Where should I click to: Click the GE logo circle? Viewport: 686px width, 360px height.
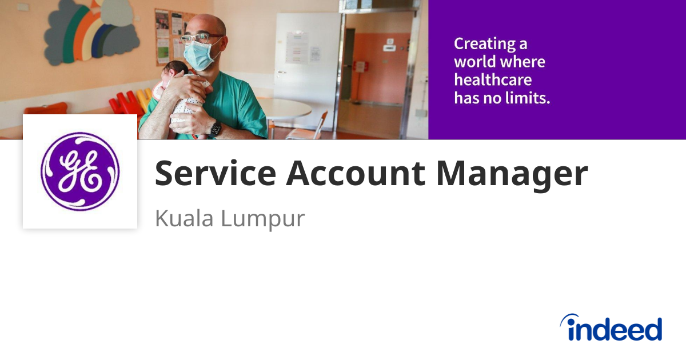click(x=80, y=171)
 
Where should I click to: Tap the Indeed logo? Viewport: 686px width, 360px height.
click(x=611, y=329)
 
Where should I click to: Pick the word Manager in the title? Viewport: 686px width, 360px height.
click(x=512, y=174)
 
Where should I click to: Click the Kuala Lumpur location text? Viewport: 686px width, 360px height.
click(x=230, y=219)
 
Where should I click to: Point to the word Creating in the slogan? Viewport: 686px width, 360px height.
click(x=484, y=43)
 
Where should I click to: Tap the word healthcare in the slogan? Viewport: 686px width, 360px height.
click(x=492, y=79)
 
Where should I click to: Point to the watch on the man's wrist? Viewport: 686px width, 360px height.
click(x=216, y=129)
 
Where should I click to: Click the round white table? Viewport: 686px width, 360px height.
click(x=283, y=107)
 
